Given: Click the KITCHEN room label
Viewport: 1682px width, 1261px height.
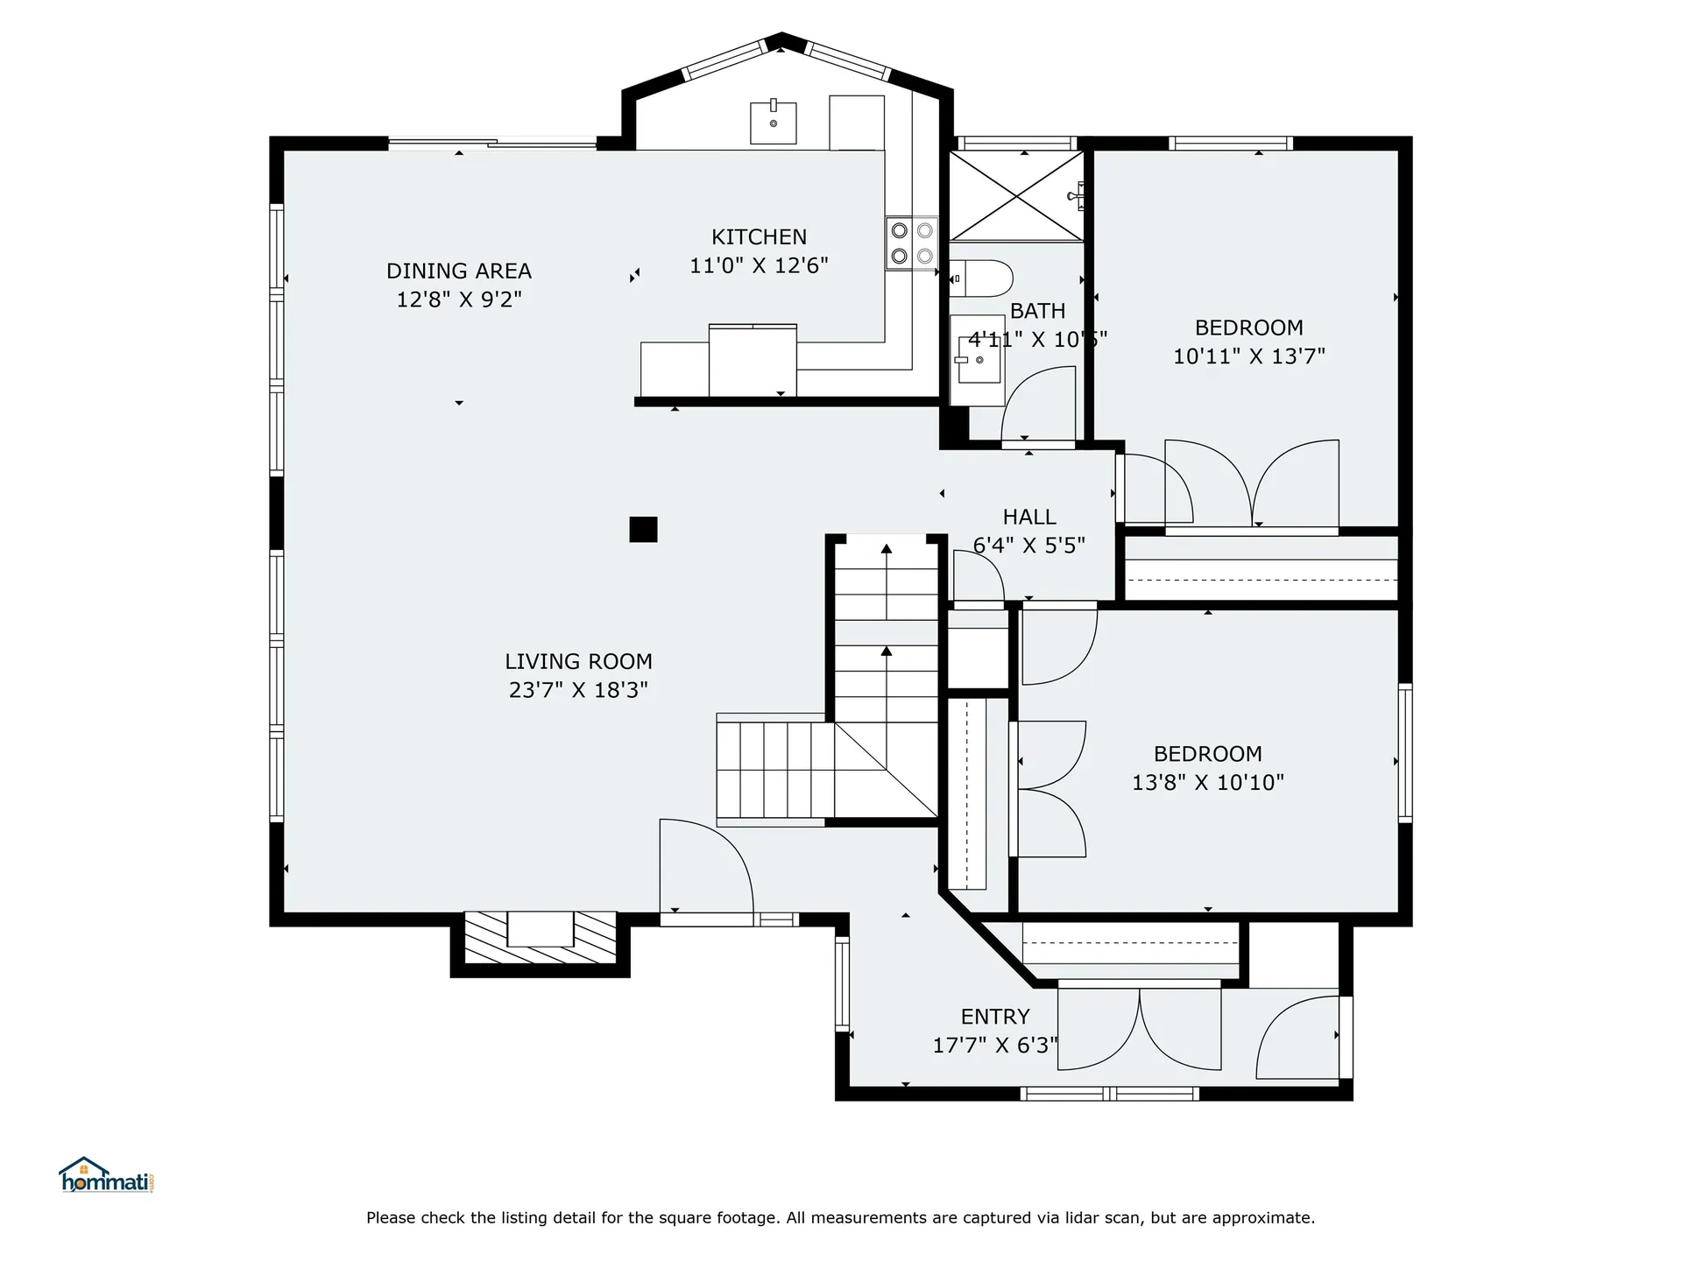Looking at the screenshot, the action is [759, 236].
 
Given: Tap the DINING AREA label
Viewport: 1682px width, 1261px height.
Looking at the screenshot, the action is [459, 271].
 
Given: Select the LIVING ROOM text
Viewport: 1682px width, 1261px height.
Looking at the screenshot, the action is [578, 661].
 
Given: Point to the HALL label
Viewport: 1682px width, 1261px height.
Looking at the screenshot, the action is [1029, 517].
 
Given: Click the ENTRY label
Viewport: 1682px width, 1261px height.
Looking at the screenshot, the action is [995, 1017].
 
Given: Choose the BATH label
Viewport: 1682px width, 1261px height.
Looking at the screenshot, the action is [1038, 311].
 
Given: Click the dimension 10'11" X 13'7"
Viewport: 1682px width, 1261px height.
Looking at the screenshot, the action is [1249, 356].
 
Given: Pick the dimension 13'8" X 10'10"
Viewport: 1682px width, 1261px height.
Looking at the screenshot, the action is [1208, 782].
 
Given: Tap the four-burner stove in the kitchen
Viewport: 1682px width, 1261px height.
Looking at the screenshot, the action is [911, 243].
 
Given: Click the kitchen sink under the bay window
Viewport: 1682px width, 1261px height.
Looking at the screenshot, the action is [774, 123].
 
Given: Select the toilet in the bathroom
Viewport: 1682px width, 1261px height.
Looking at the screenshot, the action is [981, 278].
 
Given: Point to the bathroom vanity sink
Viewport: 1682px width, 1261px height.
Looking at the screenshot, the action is [978, 360].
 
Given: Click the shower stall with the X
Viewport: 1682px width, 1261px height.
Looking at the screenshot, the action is [1017, 197].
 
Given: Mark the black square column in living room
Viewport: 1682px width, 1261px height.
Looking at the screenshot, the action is [643, 530].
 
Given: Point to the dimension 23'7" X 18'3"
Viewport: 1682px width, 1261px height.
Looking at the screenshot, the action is [578, 690].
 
